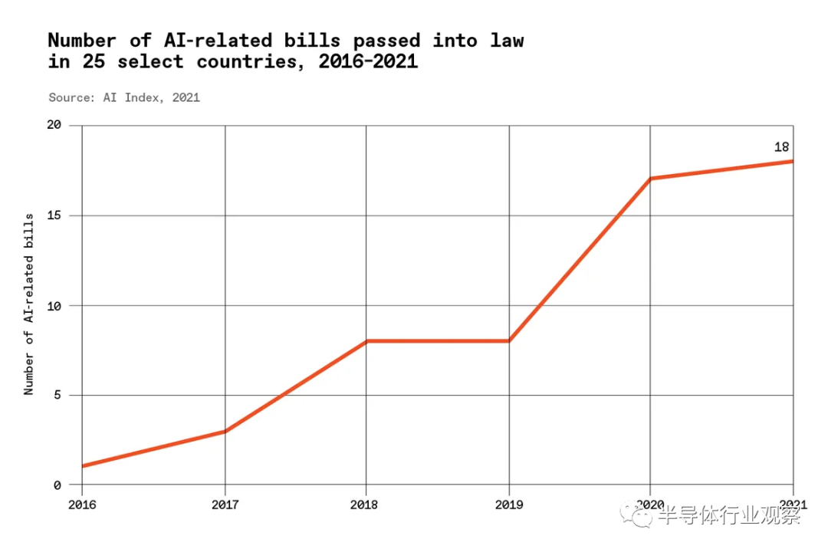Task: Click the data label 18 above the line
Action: [781, 147]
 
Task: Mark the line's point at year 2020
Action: [650, 179]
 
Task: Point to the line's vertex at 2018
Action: [366, 341]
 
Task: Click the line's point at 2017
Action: [225, 431]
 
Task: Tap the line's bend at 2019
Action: [509, 341]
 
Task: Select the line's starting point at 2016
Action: [82, 466]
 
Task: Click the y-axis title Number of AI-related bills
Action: [29, 305]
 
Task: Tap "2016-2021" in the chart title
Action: [368, 62]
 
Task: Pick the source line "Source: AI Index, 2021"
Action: [124, 97]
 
